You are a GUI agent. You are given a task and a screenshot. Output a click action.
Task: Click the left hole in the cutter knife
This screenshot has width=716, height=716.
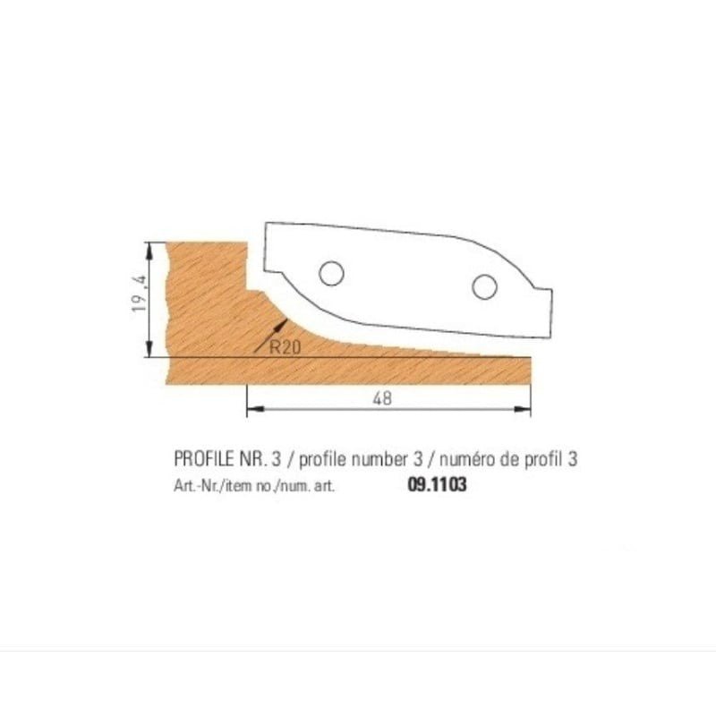click(331, 274)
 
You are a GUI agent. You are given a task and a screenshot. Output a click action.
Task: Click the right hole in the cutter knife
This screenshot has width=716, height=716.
click(484, 286)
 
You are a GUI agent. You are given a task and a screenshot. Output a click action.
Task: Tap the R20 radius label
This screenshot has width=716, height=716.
click(285, 347)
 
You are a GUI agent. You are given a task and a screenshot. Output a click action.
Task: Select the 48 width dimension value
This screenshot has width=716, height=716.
click(382, 398)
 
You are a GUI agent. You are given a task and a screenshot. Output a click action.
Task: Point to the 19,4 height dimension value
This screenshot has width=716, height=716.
click(140, 294)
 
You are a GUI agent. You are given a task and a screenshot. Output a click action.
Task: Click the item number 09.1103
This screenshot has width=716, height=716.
click(437, 484)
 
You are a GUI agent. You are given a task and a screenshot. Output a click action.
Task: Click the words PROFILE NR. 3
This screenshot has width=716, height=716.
click(227, 459)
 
